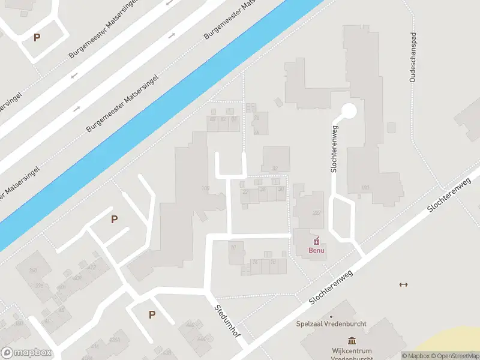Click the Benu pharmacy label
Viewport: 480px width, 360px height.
[x=316, y=251]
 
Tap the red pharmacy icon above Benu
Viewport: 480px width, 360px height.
[x=317, y=241]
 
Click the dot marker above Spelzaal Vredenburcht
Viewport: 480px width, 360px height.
[x=331, y=316]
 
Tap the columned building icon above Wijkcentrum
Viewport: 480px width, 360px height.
[x=349, y=340]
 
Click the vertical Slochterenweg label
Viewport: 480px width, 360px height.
[x=335, y=148]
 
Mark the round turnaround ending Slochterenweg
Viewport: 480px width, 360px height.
[x=349, y=111]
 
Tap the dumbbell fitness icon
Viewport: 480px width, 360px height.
[x=403, y=284]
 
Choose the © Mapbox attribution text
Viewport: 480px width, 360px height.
[x=415, y=356]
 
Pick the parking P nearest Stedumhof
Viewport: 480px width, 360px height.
[x=152, y=314]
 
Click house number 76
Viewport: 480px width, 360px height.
[x=257, y=118]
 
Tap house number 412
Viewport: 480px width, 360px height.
[x=92, y=266]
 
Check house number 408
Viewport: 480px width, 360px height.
[x=77, y=277]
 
